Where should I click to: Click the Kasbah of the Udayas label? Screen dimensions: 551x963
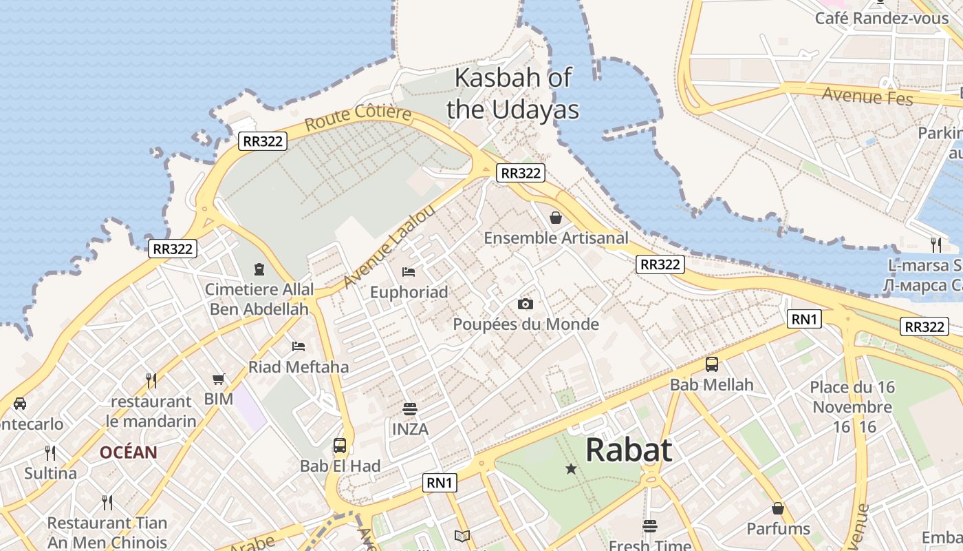[512, 94]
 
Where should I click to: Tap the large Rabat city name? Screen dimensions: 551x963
[629, 450]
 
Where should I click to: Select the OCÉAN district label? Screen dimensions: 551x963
[129, 453]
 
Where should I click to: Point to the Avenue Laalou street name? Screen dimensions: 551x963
[389, 247]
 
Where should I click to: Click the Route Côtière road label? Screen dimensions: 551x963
[358, 118]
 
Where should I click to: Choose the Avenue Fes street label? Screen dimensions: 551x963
[867, 96]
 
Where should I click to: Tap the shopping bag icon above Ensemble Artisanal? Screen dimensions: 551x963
[556, 218]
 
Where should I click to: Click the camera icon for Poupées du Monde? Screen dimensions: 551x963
[526, 304]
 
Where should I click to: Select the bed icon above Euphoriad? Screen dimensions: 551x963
[409, 272]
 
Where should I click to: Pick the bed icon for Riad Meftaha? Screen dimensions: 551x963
[299, 346]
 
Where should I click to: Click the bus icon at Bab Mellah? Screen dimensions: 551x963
[712, 364]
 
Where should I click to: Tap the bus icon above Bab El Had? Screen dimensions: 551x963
[340, 446]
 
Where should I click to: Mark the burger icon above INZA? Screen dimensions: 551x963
[410, 409]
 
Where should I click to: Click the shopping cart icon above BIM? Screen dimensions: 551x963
[219, 379]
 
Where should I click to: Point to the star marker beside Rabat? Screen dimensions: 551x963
[571, 469]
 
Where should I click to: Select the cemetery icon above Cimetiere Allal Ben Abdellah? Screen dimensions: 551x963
[259, 269]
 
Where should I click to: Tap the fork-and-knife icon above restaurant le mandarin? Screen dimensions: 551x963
[151, 380]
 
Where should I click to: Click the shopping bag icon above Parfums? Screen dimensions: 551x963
[778, 508]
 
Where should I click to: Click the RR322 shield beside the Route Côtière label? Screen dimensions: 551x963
[263, 141]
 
